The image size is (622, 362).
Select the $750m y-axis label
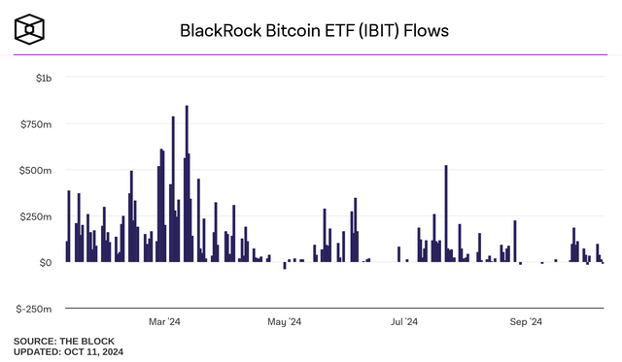click(37, 123)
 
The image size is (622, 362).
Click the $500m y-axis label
click(37, 170)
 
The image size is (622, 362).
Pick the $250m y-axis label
click(37, 215)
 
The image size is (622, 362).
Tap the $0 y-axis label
click(45, 262)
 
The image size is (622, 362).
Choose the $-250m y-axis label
click(35, 309)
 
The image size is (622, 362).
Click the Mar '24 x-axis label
click(164, 321)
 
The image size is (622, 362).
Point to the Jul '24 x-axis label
click(404, 321)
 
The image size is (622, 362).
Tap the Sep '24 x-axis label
click(526, 321)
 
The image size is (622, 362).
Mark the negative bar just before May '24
click(285, 265)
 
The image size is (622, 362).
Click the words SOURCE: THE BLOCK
click(63, 341)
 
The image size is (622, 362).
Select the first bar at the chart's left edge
click(67, 251)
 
